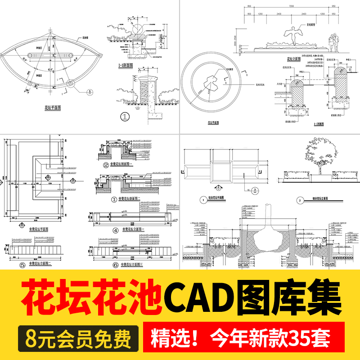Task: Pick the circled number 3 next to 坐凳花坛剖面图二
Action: click(x=114, y=198)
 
